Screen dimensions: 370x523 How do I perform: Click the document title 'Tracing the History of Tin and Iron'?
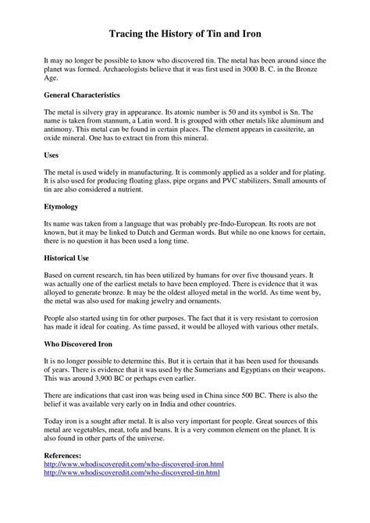point(184,35)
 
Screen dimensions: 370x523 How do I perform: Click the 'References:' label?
point(66,454)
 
